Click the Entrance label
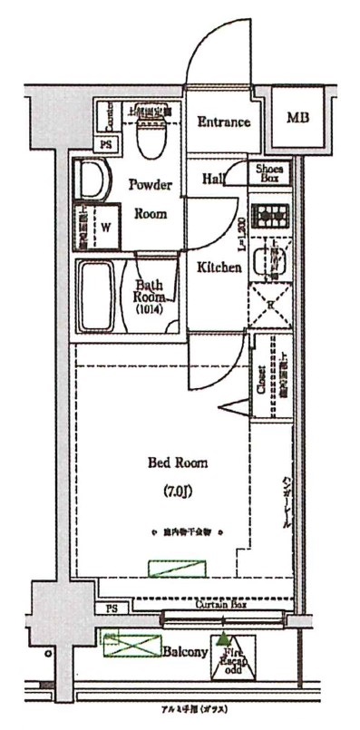[x=223, y=122]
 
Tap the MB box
[x=296, y=119]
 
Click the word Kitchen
[x=219, y=268]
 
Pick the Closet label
[x=260, y=379]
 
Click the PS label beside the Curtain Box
[x=112, y=608]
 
